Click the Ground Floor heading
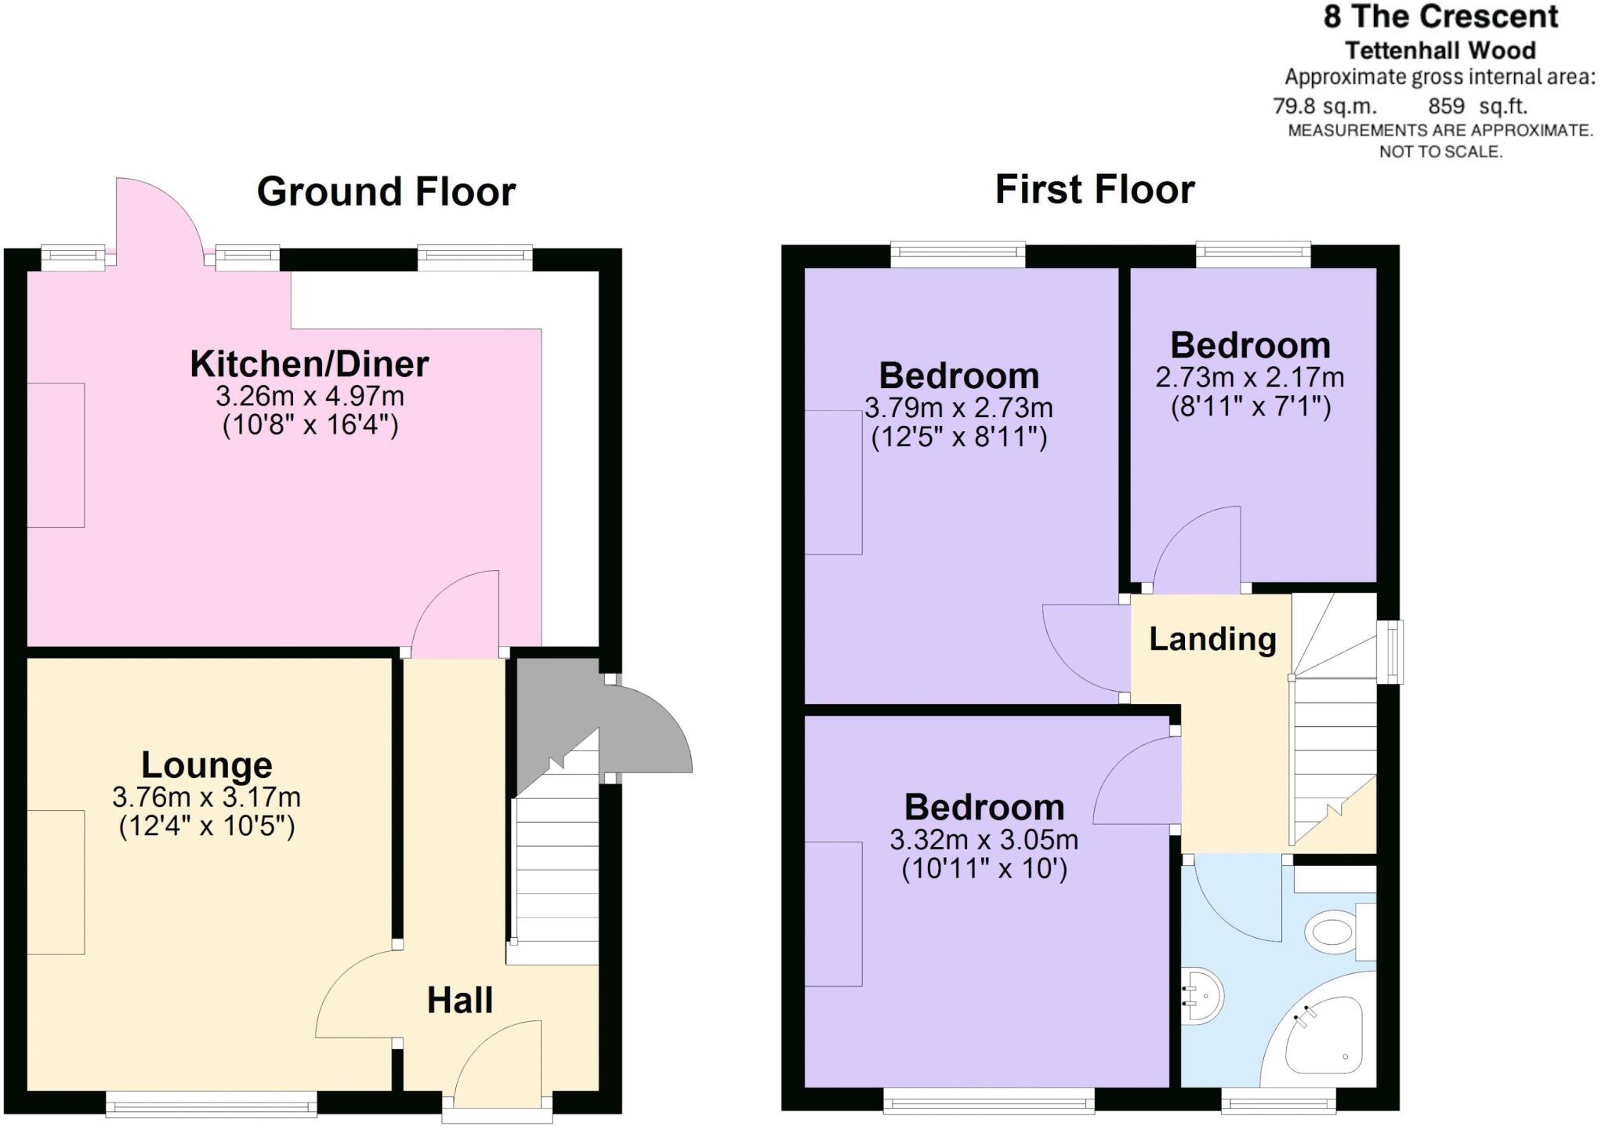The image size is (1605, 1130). (x=386, y=192)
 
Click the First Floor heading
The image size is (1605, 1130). (x=1095, y=190)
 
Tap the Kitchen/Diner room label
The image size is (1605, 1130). (x=310, y=365)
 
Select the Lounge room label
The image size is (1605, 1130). (x=207, y=765)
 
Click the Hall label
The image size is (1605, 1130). (x=460, y=1001)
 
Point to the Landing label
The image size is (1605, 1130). (x=1212, y=639)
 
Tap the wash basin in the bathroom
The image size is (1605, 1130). (x=1204, y=997)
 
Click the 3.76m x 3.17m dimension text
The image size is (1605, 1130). (x=207, y=798)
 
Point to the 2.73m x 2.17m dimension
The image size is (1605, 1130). (x=1250, y=378)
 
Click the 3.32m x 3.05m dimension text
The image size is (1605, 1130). (x=984, y=841)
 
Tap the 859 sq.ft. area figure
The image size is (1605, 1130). (x=1477, y=107)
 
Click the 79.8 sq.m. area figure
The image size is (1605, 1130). (x=1324, y=107)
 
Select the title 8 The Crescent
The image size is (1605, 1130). (x=1440, y=17)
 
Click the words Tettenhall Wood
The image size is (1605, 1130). (x=1440, y=51)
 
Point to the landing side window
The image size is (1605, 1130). (x=1391, y=652)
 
